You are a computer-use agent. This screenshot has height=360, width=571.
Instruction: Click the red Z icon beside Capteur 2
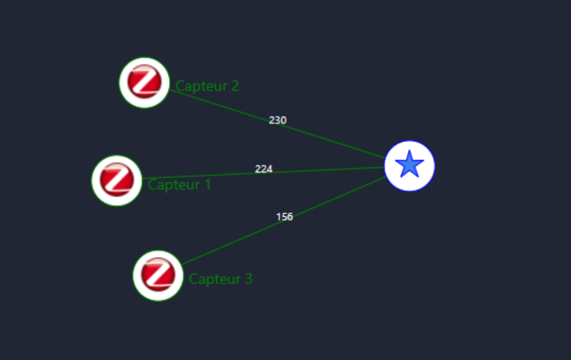pyautogui.click(x=144, y=82)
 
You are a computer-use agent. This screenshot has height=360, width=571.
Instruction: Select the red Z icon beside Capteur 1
pyautogui.click(x=117, y=180)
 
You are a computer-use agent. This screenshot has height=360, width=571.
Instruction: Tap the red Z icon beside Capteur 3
pyautogui.click(x=158, y=275)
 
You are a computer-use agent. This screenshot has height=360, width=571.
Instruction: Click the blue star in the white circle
pyautogui.click(x=410, y=165)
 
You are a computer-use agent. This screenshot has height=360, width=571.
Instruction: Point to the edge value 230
pyautogui.click(x=277, y=120)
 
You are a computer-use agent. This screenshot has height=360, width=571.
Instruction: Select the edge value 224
pyautogui.click(x=264, y=169)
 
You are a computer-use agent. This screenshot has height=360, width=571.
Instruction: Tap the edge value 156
pyautogui.click(x=285, y=217)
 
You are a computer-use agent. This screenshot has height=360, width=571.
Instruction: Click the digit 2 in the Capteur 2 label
pyautogui.click(x=235, y=86)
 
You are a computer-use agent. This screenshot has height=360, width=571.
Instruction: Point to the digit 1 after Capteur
pyautogui.click(x=207, y=184)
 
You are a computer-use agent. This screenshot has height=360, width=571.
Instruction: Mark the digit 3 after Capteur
pyautogui.click(x=248, y=280)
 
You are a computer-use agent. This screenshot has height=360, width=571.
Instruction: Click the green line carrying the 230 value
pyautogui.click(x=335, y=141)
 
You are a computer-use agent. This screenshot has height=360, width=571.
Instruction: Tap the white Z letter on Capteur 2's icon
pyautogui.click(x=145, y=81)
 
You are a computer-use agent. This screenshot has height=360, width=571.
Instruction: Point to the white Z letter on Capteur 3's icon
pyautogui.click(x=158, y=274)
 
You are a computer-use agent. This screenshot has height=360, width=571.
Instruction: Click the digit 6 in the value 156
pyautogui.click(x=290, y=217)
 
